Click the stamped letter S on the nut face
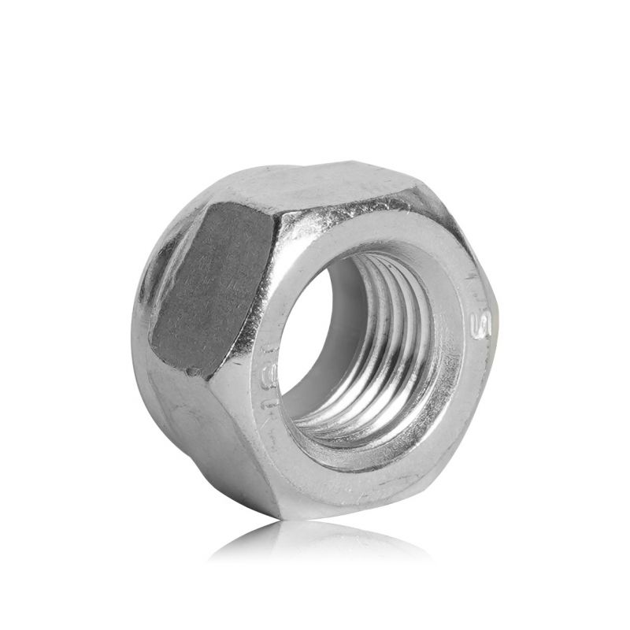(x=476, y=324)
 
